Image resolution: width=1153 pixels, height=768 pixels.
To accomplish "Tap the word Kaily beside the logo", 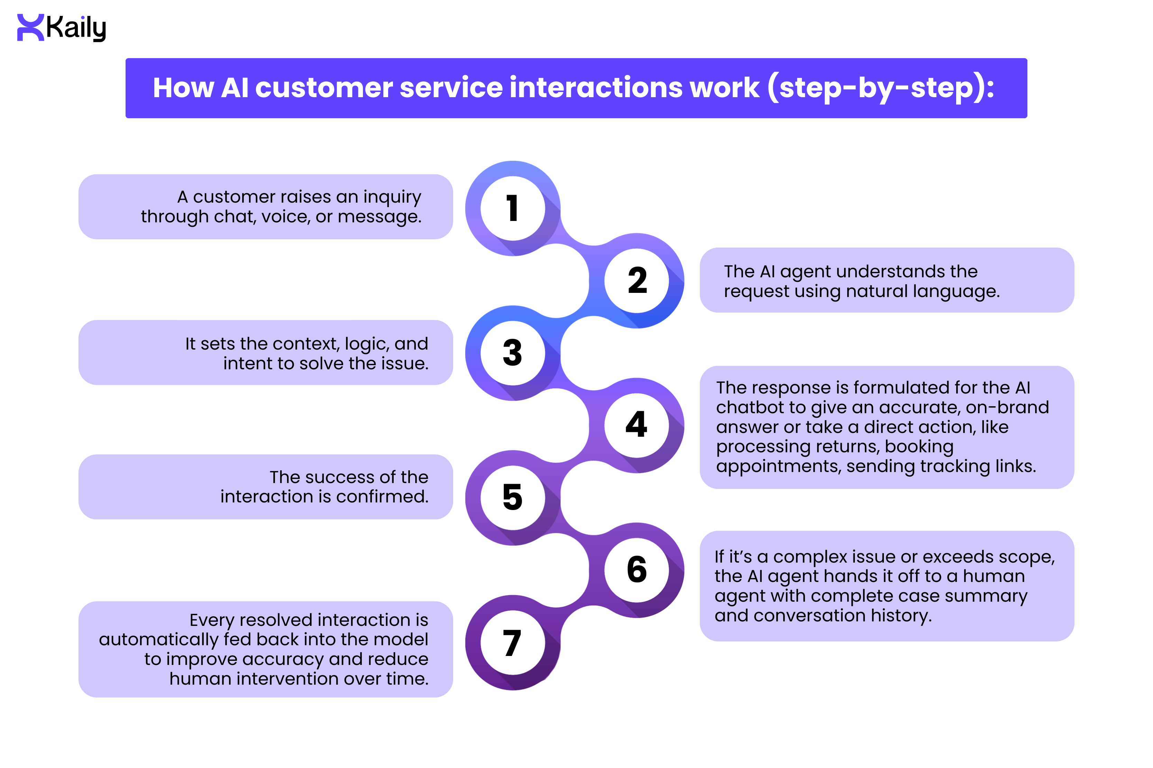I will pyautogui.click(x=76, y=28).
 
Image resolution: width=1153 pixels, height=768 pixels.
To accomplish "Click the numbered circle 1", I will pyautogui.click(x=513, y=208).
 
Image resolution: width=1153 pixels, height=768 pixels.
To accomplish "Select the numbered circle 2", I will pyautogui.click(x=637, y=281).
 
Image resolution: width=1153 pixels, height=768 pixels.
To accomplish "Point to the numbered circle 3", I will pyautogui.click(x=513, y=353).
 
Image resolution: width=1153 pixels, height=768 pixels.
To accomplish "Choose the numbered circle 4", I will pyautogui.click(x=637, y=425).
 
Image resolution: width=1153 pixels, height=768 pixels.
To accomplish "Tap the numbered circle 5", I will pyautogui.click(x=513, y=497).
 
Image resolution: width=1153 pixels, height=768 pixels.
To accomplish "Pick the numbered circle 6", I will pyautogui.click(x=637, y=570).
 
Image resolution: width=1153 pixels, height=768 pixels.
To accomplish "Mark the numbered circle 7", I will pyautogui.click(x=513, y=642).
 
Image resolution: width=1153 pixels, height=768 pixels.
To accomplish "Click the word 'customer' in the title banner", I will pyautogui.click(x=323, y=88).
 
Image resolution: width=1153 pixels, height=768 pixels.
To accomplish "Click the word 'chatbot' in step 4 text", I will pyautogui.click(x=750, y=407).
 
